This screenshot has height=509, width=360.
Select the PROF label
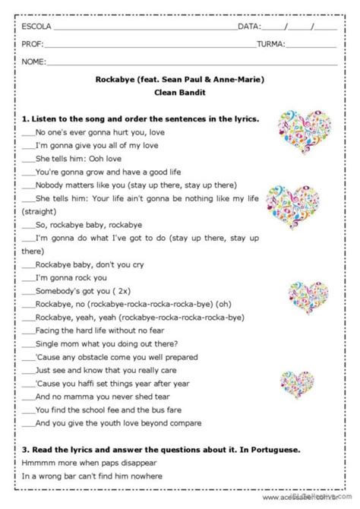tap(32, 44)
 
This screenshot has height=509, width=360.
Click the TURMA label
tap(270, 44)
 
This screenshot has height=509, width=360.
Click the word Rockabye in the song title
tap(122, 78)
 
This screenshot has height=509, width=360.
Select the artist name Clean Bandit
tap(180, 93)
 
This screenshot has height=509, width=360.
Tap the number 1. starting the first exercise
tap(25, 119)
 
